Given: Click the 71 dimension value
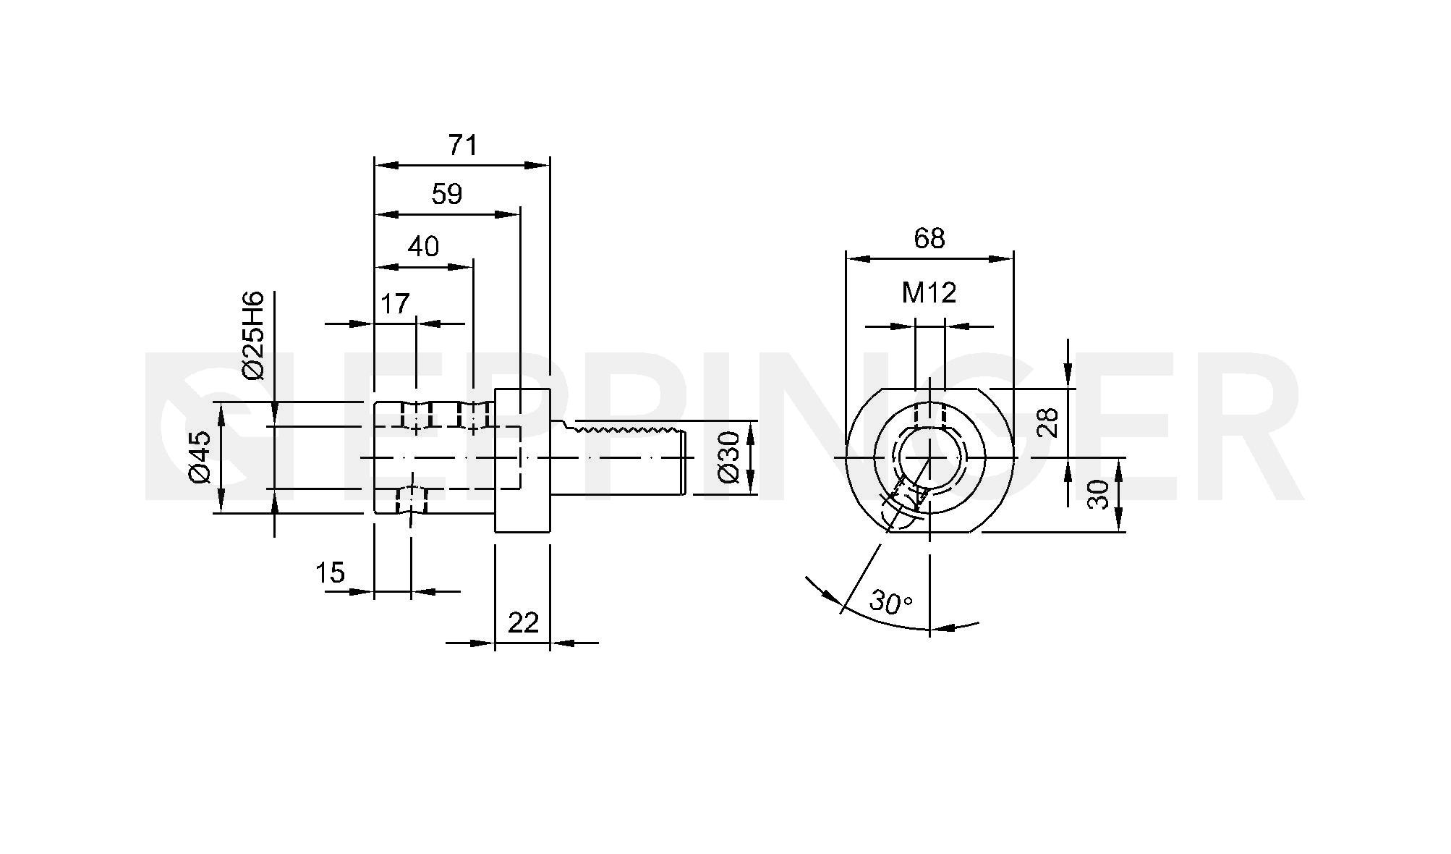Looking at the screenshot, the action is click(x=463, y=145).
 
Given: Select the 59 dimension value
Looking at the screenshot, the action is click(x=446, y=194).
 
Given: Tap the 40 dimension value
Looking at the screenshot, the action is click(x=423, y=247).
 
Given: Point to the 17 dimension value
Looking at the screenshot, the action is click(x=395, y=304).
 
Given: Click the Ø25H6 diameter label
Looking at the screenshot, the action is click(x=254, y=335).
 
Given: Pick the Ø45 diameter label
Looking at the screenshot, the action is click(x=199, y=457).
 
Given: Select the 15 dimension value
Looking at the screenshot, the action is click(x=330, y=573).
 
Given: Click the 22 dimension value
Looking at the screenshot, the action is click(x=523, y=622).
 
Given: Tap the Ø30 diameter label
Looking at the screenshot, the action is click(x=729, y=457).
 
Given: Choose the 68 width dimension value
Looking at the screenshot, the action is click(x=929, y=238).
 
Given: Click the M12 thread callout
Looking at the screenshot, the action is click(x=929, y=292).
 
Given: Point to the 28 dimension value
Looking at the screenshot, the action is click(x=1048, y=423).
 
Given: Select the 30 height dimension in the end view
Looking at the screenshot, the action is click(x=1098, y=494).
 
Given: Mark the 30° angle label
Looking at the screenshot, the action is click(x=891, y=602).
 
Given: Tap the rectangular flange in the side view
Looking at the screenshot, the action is click(x=522, y=460).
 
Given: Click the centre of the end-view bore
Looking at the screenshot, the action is click(x=929, y=457).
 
